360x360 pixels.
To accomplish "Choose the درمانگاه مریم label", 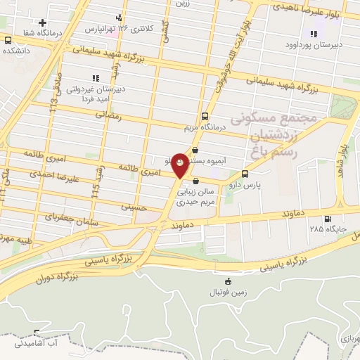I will [x=203, y=127].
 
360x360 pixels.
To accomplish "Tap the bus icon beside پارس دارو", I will [x=244, y=174].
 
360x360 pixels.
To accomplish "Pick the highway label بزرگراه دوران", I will [x=54, y=278].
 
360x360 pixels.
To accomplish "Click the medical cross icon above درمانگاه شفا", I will [x=42, y=23].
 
